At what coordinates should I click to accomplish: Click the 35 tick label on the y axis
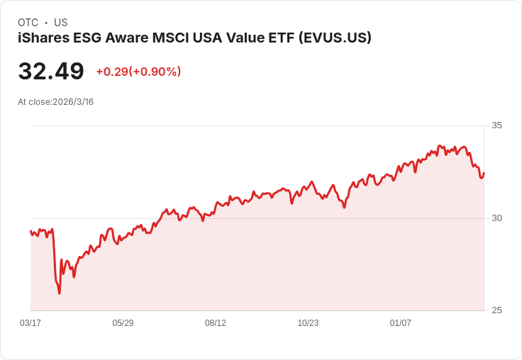click(x=496, y=125)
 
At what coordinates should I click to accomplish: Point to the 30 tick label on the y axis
click(x=496, y=218)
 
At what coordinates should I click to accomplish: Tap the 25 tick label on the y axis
click(x=496, y=310)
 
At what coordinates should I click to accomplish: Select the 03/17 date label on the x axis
click(x=30, y=323)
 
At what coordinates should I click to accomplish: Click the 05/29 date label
click(x=123, y=323)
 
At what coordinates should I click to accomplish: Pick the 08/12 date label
click(x=216, y=323)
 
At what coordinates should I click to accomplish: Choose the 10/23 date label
click(x=308, y=323)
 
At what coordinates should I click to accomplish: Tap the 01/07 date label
click(x=401, y=323)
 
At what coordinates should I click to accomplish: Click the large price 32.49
click(x=51, y=72)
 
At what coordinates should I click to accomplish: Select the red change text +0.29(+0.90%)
click(x=138, y=72)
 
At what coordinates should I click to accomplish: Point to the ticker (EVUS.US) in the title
click(x=334, y=38)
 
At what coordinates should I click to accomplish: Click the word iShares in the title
click(x=39, y=38)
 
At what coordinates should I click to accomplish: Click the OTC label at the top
click(x=28, y=23)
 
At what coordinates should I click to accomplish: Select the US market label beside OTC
click(x=61, y=23)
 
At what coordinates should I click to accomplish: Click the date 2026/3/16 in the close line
click(x=73, y=102)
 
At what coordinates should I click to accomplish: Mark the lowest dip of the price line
click(x=60, y=293)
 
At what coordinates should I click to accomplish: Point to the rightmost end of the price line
click(x=484, y=173)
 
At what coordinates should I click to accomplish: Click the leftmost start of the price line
click(x=30, y=231)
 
